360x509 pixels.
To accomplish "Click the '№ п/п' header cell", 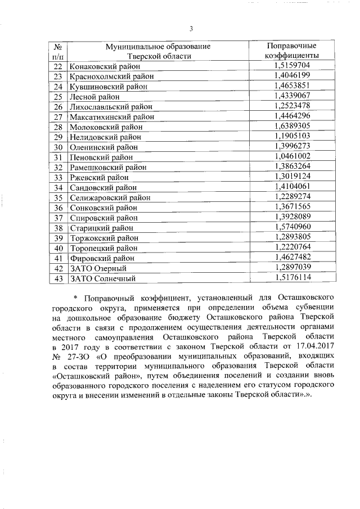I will tap(57, 51).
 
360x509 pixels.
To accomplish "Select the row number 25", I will tap(57, 96).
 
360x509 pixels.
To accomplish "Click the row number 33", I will tap(57, 177).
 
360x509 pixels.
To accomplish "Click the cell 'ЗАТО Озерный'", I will tap(94, 268).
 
